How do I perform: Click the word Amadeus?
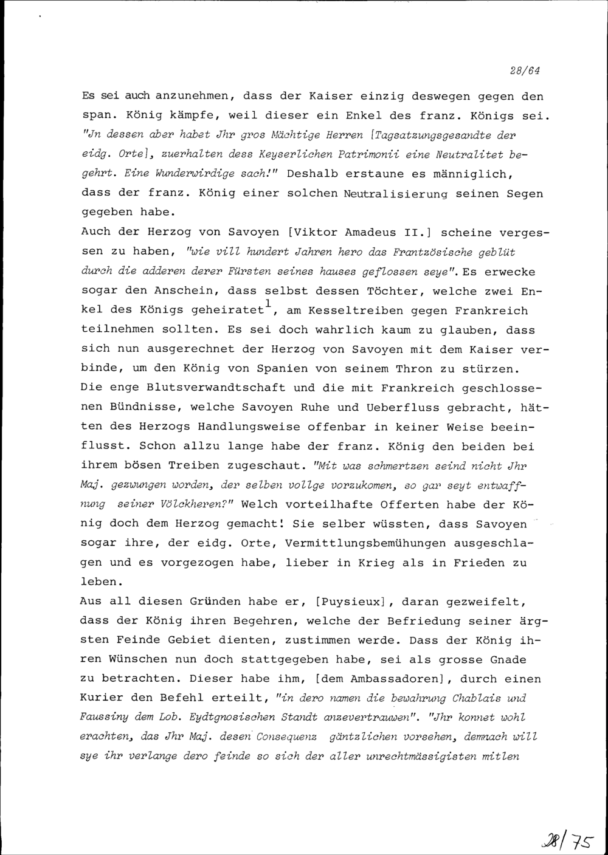coord(371,233)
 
